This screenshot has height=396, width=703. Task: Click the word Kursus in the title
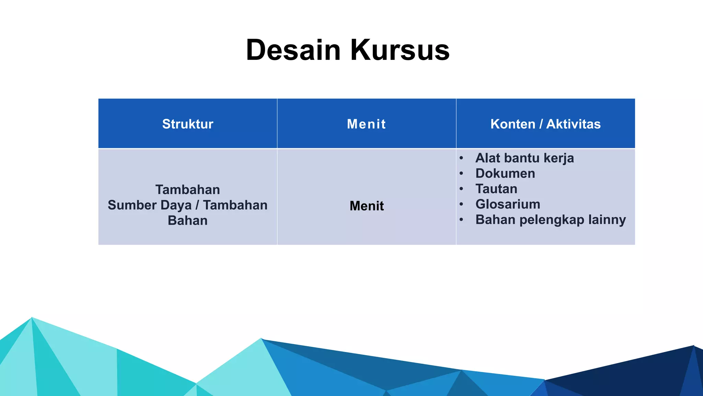[400, 50]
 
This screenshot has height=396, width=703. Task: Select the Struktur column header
[188, 124]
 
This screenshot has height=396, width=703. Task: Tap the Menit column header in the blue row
[366, 124]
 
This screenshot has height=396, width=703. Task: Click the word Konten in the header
[513, 124]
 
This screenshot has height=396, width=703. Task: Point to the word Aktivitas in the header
[573, 124]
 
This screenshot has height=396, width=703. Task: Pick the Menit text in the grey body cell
[367, 206]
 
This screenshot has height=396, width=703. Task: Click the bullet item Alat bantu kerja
[525, 158]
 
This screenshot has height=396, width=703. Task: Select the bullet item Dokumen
[505, 174]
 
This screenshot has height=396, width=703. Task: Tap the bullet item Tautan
[496, 189]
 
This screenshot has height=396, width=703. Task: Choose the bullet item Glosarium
[508, 204]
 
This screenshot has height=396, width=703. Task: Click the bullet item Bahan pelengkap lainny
[551, 220]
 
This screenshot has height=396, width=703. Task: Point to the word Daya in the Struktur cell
[176, 206]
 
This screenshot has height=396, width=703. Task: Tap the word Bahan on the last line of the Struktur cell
[188, 221]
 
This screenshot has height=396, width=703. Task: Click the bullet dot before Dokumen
[461, 174]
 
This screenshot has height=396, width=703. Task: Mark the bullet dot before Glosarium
[461, 204]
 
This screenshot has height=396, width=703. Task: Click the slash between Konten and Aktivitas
[541, 124]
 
